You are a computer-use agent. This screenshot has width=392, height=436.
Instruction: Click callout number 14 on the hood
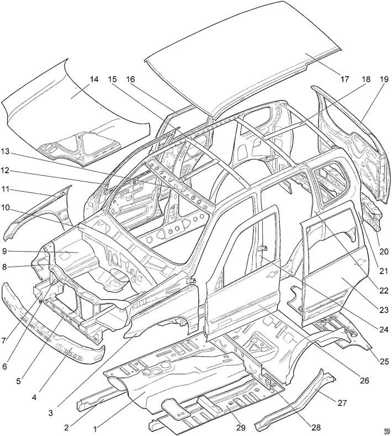(94, 79)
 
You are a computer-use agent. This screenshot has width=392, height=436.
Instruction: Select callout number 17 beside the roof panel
(345, 79)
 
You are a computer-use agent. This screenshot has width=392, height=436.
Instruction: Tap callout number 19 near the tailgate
(384, 79)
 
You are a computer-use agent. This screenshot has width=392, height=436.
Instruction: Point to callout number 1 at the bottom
(95, 429)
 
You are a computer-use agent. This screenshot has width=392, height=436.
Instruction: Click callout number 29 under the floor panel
(241, 427)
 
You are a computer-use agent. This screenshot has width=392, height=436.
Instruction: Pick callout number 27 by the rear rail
(342, 403)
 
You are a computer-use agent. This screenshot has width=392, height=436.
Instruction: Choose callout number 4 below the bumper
(34, 397)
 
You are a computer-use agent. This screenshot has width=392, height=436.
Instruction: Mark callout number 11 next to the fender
(5, 189)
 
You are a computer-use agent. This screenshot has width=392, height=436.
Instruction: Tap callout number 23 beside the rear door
(384, 310)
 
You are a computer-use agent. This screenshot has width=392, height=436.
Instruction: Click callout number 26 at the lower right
(364, 380)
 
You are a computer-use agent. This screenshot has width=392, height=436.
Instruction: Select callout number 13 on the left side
(5, 152)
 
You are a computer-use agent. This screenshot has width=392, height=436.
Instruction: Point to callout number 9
(4, 251)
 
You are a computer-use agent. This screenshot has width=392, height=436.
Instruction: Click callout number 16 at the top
(130, 79)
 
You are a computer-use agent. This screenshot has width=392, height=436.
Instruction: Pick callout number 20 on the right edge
(384, 251)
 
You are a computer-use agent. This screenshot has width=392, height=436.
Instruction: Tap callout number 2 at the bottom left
(66, 427)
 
